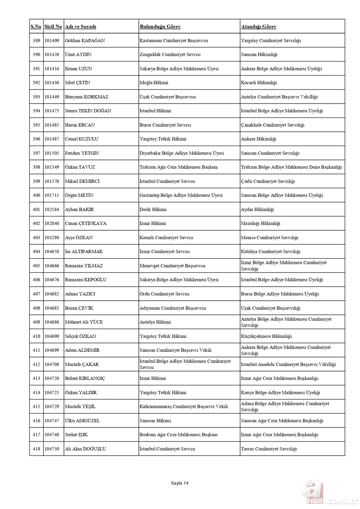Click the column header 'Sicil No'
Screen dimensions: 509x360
(53, 27)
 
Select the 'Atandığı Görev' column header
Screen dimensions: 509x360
(258, 27)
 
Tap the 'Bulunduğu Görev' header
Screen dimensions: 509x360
(160, 27)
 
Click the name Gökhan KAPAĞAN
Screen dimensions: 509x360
(85, 41)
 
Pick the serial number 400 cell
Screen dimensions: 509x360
(36, 196)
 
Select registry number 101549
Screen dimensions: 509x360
(52, 167)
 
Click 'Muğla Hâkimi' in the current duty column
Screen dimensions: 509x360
(154, 83)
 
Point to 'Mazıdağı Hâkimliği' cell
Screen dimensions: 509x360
(260, 224)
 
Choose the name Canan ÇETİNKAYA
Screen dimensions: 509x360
(86, 224)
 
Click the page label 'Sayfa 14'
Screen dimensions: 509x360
(180, 483)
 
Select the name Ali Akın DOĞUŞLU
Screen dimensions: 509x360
(86, 449)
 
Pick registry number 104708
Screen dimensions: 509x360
(52, 365)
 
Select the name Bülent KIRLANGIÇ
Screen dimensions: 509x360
(85, 379)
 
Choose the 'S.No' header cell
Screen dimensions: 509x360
(36, 27)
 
